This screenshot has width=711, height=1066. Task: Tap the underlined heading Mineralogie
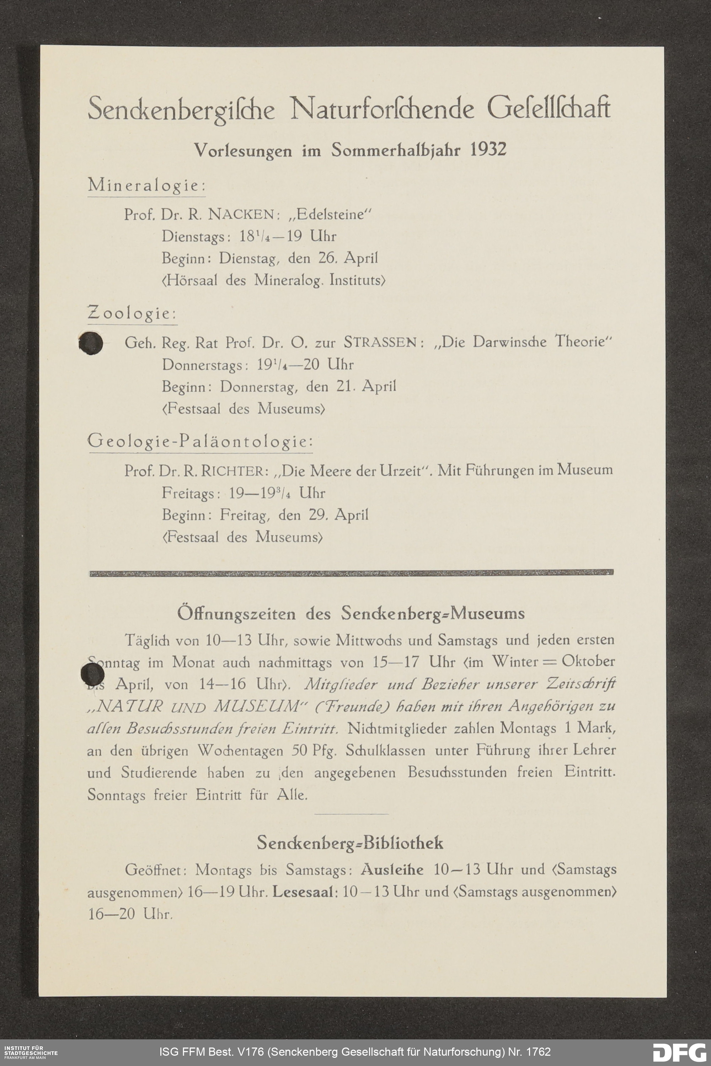(x=146, y=185)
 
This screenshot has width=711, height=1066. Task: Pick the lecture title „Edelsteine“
(x=331, y=214)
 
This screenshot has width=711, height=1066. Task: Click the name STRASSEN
(x=380, y=342)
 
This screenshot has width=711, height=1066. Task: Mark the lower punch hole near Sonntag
(x=92, y=675)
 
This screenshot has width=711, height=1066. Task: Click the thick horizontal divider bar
(x=352, y=574)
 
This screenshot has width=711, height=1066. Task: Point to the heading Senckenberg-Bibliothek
(x=350, y=843)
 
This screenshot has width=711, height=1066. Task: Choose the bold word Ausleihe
(x=392, y=870)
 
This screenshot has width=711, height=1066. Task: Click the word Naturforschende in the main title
(x=382, y=109)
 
